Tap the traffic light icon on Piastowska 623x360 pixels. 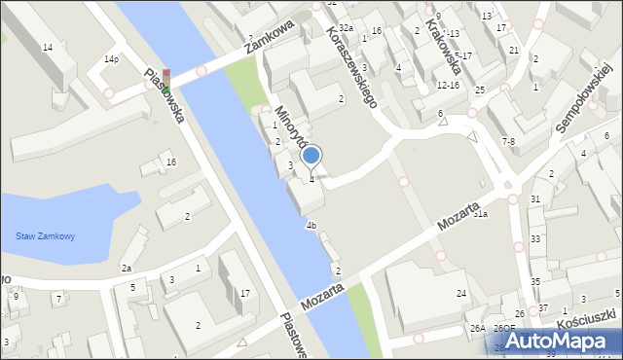(166, 81)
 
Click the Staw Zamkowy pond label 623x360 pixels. (46, 236)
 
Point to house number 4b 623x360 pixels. (311, 226)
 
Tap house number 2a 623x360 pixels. (126, 268)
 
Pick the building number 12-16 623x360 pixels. (448, 85)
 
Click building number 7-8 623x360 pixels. (508, 141)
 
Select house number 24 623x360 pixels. (461, 293)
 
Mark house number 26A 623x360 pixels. (477, 329)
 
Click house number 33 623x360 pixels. (534, 238)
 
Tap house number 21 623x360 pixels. (513, 50)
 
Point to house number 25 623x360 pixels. (480, 90)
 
